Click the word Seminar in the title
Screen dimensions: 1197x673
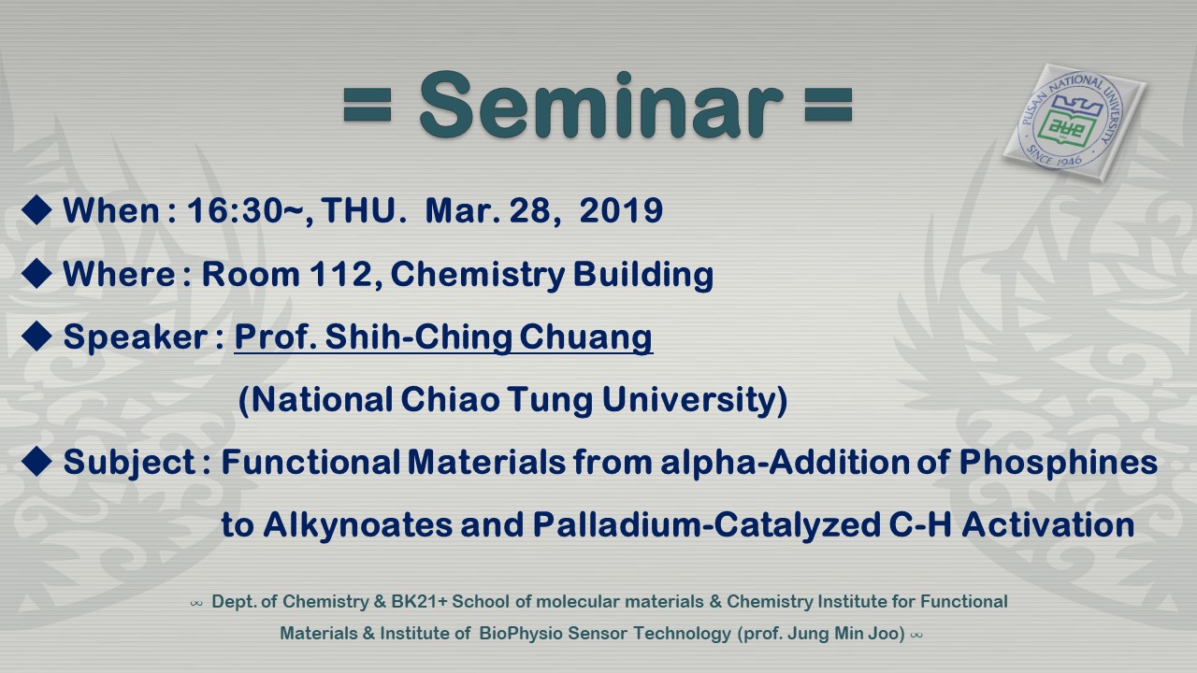[x=600, y=106]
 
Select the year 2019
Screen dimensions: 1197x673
[x=621, y=210]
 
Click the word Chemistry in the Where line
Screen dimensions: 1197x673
[x=478, y=275]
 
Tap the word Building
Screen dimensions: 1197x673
[x=643, y=275]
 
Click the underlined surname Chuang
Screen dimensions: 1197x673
[x=585, y=338]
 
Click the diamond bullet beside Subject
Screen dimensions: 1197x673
[x=36, y=461]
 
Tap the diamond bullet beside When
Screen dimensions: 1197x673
[x=36, y=209]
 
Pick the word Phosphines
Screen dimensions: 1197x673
[x=1058, y=463]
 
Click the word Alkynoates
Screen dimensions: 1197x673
[x=357, y=525]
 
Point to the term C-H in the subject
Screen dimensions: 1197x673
[x=920, y=524]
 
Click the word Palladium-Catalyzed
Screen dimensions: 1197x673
[x=706, y=525]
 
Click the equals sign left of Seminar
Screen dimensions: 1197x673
[x=368, y=106]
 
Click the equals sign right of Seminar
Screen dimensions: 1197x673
[x=829, y=106]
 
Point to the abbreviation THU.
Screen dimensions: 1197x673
[x=360, y=210]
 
